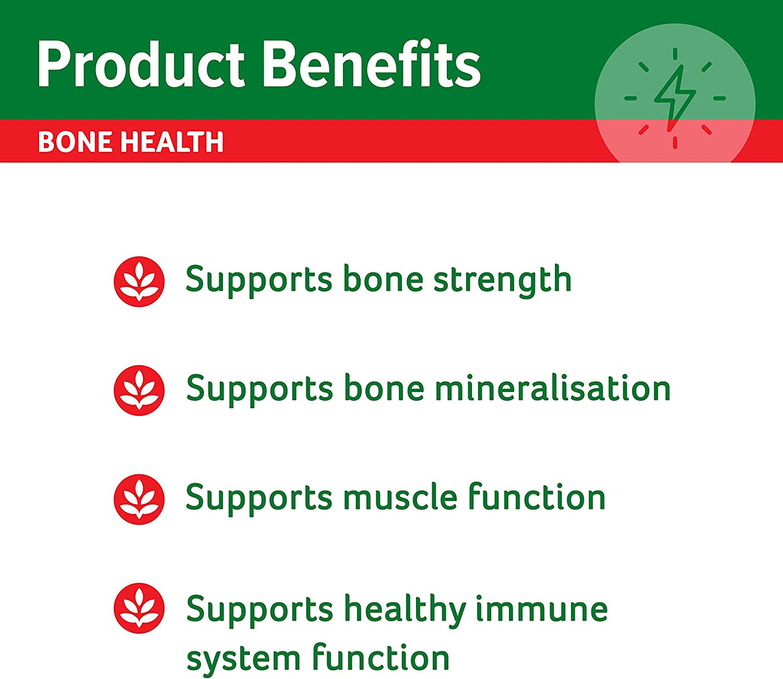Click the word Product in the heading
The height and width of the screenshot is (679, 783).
coord(140,64)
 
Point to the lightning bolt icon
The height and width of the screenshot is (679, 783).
coord(674,98)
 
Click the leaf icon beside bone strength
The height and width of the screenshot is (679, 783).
coord(139,281)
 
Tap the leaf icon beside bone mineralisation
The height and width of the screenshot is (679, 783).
coord(139,390)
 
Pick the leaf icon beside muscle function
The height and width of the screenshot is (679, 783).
coord(139,499)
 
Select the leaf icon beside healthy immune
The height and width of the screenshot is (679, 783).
coord(139,608)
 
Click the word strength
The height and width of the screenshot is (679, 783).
coord(502,280)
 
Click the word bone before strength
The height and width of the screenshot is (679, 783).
coord(383,279)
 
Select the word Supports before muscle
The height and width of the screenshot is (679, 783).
coord(259,499)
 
